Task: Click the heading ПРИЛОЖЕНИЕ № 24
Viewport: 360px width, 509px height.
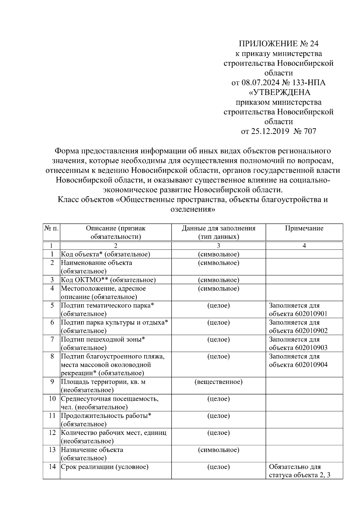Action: (x=278, y=44)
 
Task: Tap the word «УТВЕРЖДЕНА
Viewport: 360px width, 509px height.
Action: (x=278, y=92)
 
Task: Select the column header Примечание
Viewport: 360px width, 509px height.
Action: (x=304, y=228)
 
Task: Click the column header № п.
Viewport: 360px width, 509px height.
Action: (x=51, y=228)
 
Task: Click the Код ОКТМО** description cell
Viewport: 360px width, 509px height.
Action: (x=108, y=280)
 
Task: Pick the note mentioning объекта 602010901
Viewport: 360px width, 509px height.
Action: (x=298, y=310)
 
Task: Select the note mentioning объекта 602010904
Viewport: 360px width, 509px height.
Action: (x=298, y=361)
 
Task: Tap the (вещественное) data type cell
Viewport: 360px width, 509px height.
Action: (x=218, y=382)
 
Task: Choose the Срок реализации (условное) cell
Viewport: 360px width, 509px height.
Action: (x=105, y=467)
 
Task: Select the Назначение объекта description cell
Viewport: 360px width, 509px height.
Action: (x=92, y=454)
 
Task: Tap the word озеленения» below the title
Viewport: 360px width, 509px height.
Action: (x=193, y=209)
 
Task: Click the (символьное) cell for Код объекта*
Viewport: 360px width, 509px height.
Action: (x=218, y=254)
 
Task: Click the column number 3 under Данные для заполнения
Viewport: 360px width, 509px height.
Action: (x=218, y=246)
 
